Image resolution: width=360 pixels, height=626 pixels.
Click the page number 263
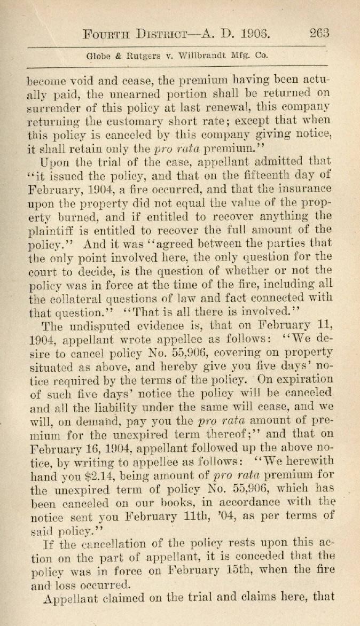pyautogui.click(x=319, y=34)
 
